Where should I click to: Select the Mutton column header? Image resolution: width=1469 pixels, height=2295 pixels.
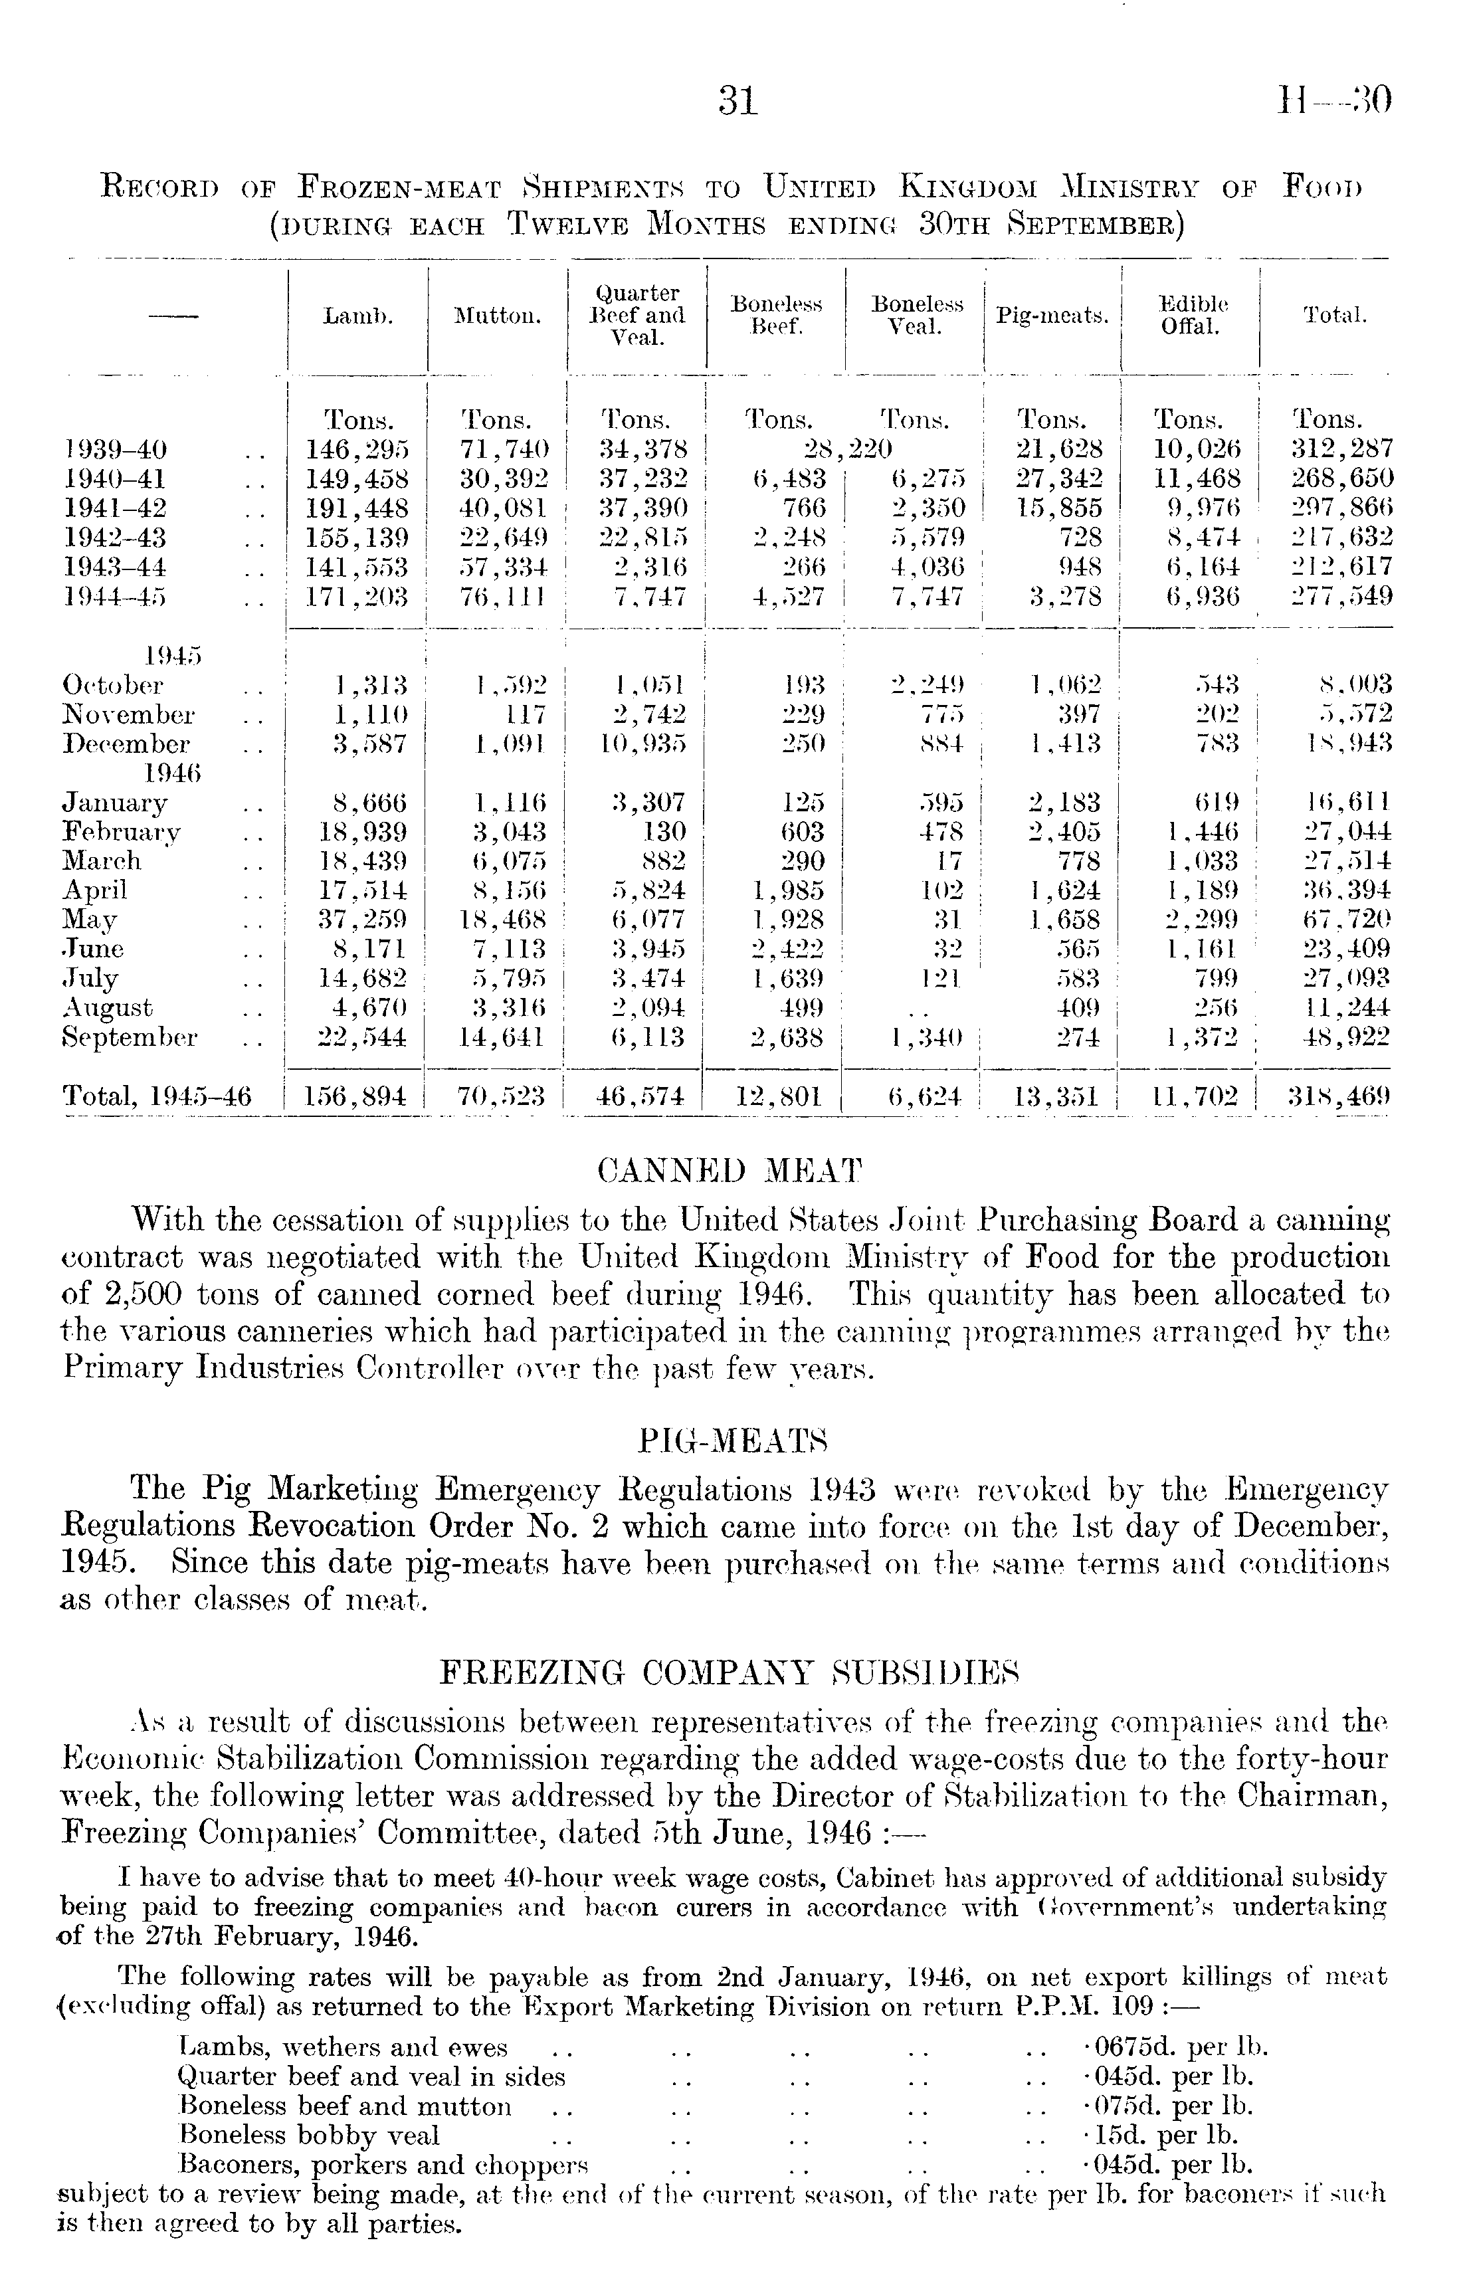coord(497,316)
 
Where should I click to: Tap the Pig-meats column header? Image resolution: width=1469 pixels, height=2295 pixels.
coord(1052,316)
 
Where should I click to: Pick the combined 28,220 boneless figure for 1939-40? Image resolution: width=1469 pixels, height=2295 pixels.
coord(847,449)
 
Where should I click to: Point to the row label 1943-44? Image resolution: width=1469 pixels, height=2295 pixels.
coord(114,567)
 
